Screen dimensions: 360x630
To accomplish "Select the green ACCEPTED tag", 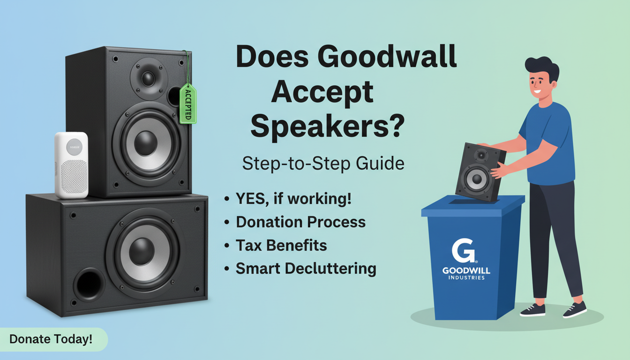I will pos(187,104).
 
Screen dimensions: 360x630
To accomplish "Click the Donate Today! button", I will pos(51,339).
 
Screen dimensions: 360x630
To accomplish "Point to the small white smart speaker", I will pos(71,165).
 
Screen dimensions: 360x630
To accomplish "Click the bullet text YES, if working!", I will pos(294,199).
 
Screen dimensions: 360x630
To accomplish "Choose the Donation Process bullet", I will pos(300,222).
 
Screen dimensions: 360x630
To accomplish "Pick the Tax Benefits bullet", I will pos(281,245).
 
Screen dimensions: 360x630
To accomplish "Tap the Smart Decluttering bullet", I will pos(306,269).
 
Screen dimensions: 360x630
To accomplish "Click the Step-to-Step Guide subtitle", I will pos(323,164).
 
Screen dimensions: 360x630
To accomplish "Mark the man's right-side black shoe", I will pos(575,309).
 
